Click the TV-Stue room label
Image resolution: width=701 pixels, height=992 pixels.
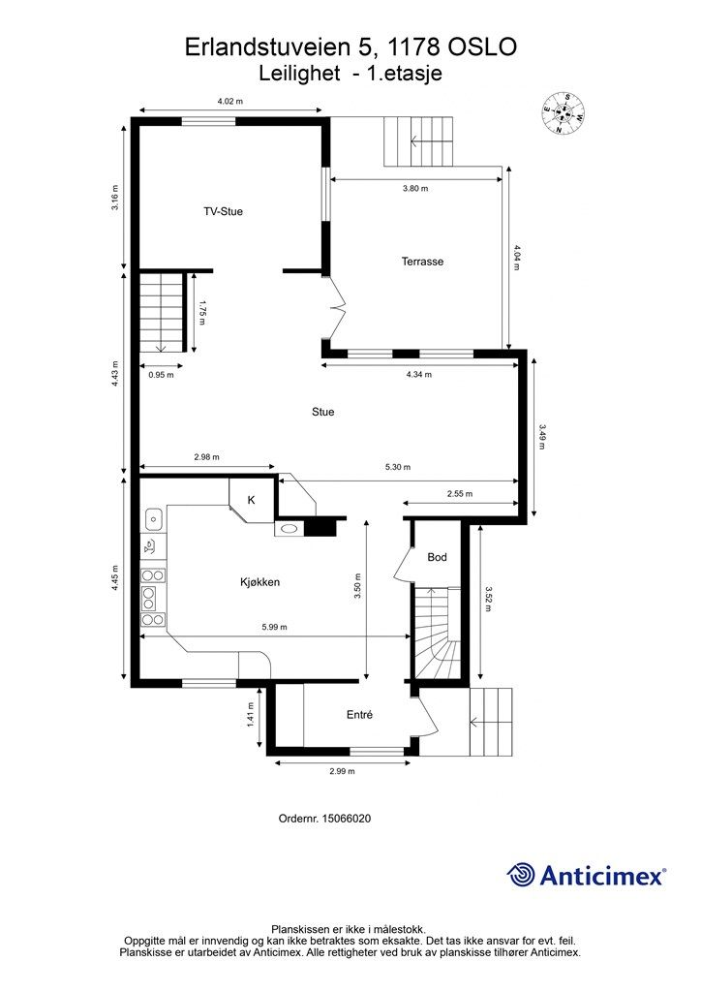(x=223, y=211)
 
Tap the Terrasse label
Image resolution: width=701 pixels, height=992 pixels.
(x=422, y=261)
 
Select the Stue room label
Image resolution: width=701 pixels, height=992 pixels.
(x=322, y=412)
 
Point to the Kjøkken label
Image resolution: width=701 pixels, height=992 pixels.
(x=259, y=582)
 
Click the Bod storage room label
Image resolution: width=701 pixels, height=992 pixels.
(x=437, y=557)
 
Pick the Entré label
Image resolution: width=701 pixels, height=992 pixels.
(x=359, y=714)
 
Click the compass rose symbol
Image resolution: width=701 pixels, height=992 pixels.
(x=563, y=113)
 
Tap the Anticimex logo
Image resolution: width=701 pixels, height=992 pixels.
(x=586, y=876)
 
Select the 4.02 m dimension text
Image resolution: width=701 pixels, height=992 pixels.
(x=230, y=101)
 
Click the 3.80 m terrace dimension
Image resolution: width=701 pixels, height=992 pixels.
(x=414, y=189)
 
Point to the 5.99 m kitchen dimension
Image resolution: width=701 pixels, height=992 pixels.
(x=274, y=628)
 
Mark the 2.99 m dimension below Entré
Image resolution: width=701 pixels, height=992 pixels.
(x=342, y=771)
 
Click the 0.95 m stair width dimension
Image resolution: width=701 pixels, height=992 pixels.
(x=161, y=375)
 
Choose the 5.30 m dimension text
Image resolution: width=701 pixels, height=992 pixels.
(x=398, y=467)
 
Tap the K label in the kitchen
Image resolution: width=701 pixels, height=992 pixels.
(x=251, y=500)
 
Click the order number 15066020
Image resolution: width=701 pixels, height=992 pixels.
(x=347, y=818)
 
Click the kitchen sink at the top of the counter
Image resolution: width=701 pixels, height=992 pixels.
(x=154, y=520)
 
